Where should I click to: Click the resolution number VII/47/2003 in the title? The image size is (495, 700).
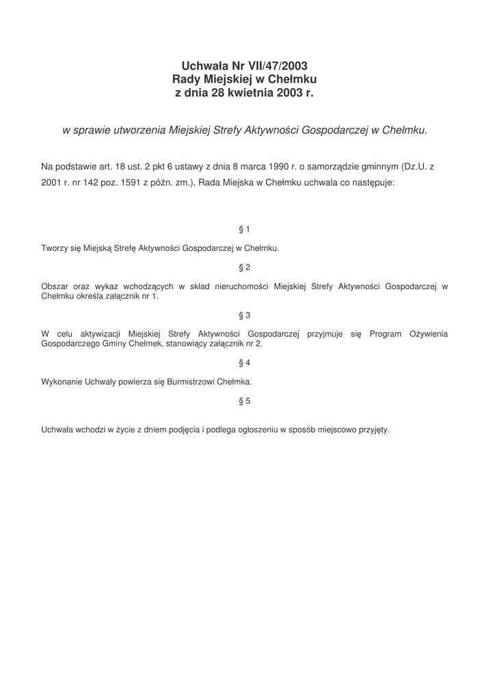pos(276,66)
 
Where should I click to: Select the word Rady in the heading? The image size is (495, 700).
pos(187,79)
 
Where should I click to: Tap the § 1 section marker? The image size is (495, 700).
pos(244,229)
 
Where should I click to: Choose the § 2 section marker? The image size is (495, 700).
pos(244,267)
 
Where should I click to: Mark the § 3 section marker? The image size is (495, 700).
pos(244,315)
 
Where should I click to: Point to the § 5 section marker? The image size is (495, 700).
pos(244,401)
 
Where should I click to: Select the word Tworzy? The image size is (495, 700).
pos(54,249)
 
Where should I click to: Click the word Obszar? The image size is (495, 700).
pos(55,287)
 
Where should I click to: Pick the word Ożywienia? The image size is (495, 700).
pos(429,334)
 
